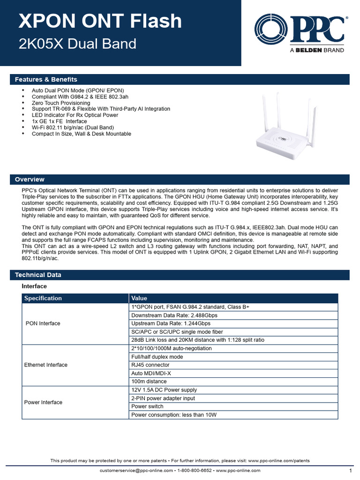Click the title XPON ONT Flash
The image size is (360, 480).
tap(100, 21)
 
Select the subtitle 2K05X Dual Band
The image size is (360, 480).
tap(77, 44)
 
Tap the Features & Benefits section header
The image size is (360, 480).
tap(46, 79)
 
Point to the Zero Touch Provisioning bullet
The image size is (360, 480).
tap(60, 103)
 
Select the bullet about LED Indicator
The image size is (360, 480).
tap(75, 115)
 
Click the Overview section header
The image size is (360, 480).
tap(30, 179)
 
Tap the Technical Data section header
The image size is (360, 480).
tap(38, 275)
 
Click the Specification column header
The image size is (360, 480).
tap(43, 298)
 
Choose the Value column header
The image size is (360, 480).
tap(139, 298)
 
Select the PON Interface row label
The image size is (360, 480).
tap(43, 323)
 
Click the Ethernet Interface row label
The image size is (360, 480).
tap(45, 365)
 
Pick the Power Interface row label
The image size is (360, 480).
tap(43, 402)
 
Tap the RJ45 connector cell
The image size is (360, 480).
tap(150, 365)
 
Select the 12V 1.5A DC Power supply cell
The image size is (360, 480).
tap(164, 390)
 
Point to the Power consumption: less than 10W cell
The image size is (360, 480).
tap(174, 415)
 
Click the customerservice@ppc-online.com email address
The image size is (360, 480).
tap(136, 470)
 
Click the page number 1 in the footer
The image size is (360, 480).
tap(350, 470)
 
